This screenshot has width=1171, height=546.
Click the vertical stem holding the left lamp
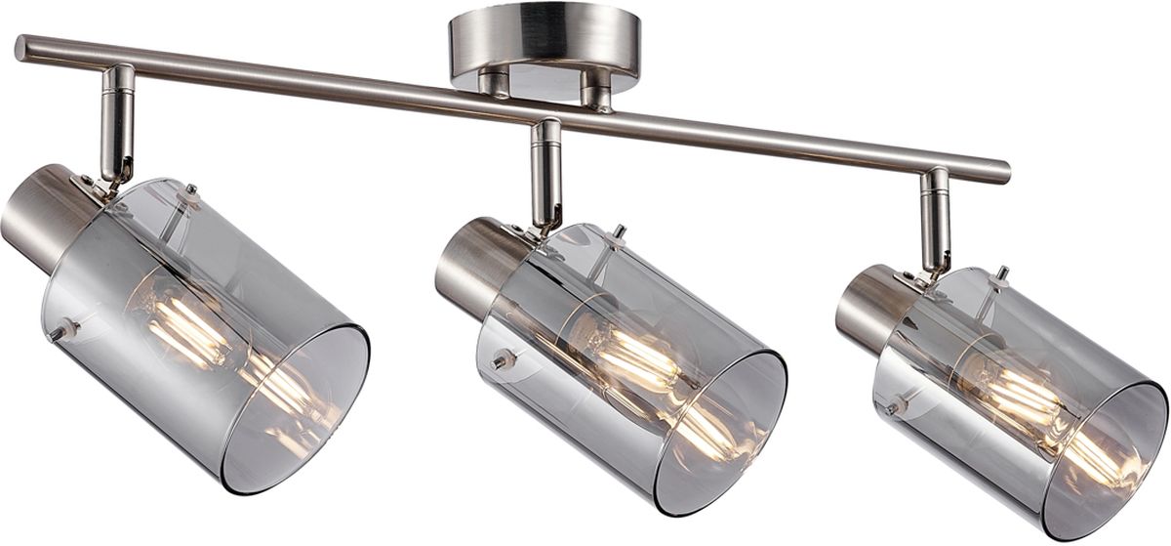(x=117, y=122)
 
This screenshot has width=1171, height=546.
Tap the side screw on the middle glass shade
(x=503, y=360)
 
